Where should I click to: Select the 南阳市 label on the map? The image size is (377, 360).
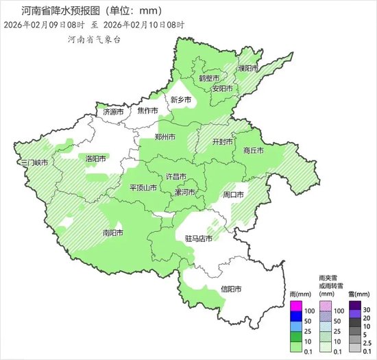(x=112, y=233)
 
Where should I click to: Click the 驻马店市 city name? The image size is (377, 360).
(x=199, y=239)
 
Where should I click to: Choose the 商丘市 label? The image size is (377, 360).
(x=253, y=150)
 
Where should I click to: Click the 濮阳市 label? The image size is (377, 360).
(x=247, y=69)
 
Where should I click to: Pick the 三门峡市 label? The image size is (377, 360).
(x=34, y=163)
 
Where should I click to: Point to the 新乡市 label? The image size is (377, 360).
(x=181, y=100)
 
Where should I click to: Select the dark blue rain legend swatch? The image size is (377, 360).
(x=295, y=315)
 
